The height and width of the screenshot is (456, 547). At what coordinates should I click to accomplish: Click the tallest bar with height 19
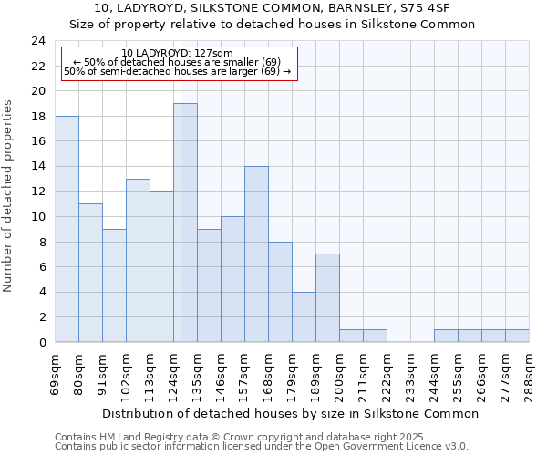[185, 223]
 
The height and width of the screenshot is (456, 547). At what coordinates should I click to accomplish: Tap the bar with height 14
[256, 254]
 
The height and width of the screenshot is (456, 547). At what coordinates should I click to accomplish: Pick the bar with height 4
[304, 316]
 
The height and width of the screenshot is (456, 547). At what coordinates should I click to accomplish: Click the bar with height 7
[327, 298]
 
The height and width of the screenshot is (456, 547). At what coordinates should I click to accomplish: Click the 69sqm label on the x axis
[56, 369]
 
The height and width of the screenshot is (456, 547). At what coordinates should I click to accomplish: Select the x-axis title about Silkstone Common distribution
[290, 413]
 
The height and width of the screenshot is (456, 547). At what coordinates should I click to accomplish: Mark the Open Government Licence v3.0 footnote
[261, 447]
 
